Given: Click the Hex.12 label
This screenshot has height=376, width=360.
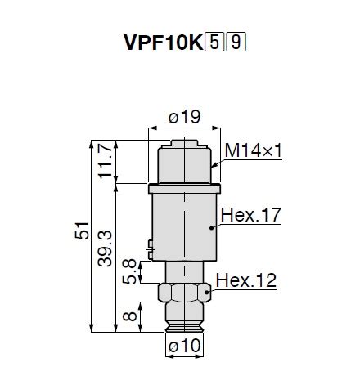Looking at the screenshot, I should pos(246,280).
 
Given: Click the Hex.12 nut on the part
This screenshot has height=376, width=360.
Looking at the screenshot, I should pos(181,291).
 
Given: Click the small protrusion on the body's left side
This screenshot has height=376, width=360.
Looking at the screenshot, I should pos(147,243).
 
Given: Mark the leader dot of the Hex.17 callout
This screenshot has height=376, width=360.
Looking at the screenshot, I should pos(212,230).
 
